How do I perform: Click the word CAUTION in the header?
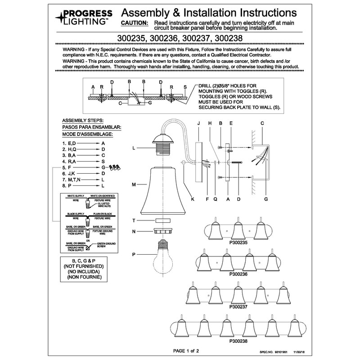click(x=135, y=22)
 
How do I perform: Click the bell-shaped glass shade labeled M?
click(x=164, y=189)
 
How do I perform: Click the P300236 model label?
click(x=238, y=274)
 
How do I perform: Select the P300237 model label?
click(x=238, y=306)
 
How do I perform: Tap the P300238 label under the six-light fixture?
click(x=238, y=341)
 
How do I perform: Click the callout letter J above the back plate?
click(x=198, y=123)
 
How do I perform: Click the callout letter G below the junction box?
click(x=266, y=198)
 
